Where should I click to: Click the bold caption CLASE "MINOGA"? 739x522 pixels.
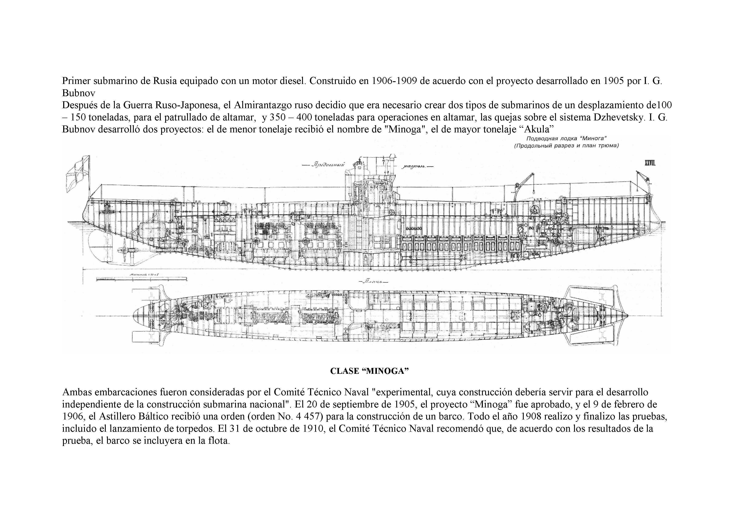(x=369, y=371)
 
